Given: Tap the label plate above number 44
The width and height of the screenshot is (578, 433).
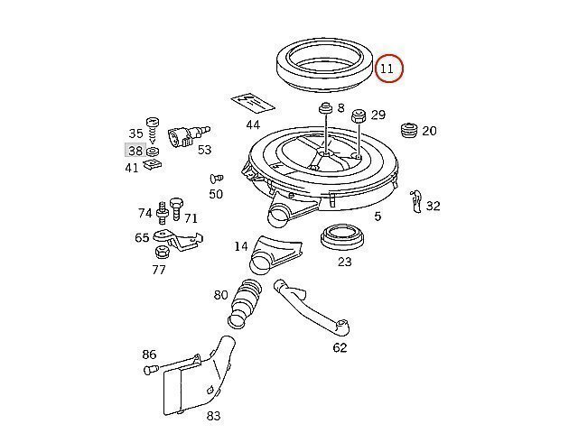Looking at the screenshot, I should [251, 106].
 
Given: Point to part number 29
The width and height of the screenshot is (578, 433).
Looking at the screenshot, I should [378, 115].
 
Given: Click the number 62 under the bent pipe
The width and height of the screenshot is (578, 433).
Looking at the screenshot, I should [340, 347].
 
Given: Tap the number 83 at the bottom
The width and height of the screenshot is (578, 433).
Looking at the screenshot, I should [213, 416].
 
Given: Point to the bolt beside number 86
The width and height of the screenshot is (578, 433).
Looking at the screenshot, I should [150, 369].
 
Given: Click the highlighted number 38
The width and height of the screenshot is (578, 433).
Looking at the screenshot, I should [135, 152].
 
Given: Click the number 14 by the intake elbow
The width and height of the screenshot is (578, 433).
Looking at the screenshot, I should [241, 246].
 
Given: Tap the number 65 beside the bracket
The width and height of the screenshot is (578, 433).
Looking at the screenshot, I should [142, 238].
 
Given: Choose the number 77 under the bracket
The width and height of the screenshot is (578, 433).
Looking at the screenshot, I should [159, 268].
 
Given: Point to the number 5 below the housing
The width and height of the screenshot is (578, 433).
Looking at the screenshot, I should [378, 216].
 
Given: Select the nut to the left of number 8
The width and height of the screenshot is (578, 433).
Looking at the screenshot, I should [323, 110].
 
